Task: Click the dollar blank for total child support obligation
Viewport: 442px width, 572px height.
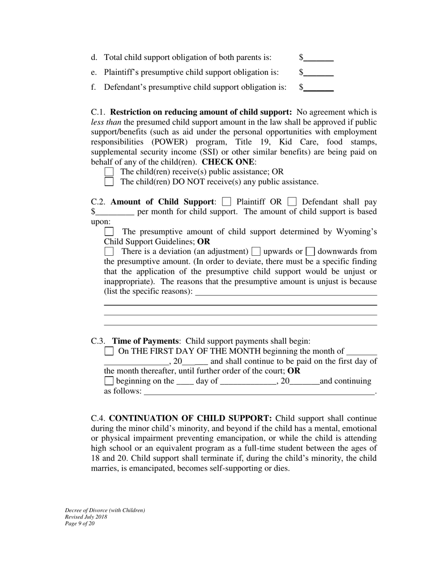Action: pos(319,58)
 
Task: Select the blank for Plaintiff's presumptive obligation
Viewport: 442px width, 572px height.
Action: pos(319,73)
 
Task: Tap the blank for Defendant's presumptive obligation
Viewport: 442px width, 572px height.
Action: pos(319,87)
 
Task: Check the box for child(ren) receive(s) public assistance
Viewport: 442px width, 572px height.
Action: pos(109,172)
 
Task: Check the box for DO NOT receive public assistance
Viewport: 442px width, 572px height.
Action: pos(109,182)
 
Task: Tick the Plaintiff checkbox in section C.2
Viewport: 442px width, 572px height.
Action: pos(227,202)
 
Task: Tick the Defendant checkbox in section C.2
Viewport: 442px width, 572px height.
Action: pos(292,202)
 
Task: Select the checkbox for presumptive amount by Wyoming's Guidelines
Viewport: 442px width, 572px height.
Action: pos(109,232)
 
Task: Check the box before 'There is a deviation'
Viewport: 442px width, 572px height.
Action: pos(109,252)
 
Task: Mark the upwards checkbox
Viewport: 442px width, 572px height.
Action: pos(256,252)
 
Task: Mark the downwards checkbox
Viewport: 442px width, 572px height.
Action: pos(311,252)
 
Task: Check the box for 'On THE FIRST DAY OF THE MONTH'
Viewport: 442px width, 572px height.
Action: pos(109,351)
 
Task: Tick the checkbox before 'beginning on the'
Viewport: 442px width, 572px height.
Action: pos(109,381)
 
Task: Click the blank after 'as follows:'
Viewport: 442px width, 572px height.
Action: pos(259,391)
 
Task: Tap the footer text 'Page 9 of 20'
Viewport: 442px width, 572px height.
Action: pos(80,523)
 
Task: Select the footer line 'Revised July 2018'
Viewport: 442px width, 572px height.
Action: pos(86,517)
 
